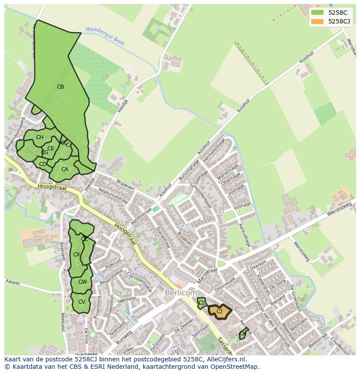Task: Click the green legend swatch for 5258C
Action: pos(317,13)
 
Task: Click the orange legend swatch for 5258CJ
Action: pos(317,21)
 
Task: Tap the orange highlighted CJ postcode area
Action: pos(220,311)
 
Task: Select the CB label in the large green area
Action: pos(60,87)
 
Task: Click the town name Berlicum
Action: pos(181,293)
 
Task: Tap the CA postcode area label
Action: pos(65,169)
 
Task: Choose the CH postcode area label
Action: pos(40,137)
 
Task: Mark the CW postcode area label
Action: pos(83,282)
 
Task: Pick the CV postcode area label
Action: pos(82,301)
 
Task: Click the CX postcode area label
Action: pos(77,255)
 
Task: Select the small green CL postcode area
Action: pos(201,303)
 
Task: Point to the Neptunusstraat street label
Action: pos(113,196)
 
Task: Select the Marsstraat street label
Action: pos(207,276)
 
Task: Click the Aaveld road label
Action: pos(13,282)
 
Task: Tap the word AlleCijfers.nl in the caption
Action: pos(226,359)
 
